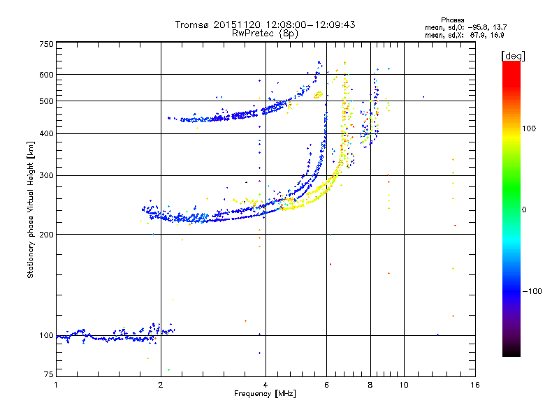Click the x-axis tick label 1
[x=57, y=385]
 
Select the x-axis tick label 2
[x=161, y=385]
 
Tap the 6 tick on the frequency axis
[x=326, y=385]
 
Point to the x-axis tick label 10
[x=403, y=385]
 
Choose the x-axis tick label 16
[x=474, y=385]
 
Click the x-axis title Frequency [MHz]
[x=265, y=394]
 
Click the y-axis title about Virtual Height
[x=31, y=209]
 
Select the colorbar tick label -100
[x=534, y=291]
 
